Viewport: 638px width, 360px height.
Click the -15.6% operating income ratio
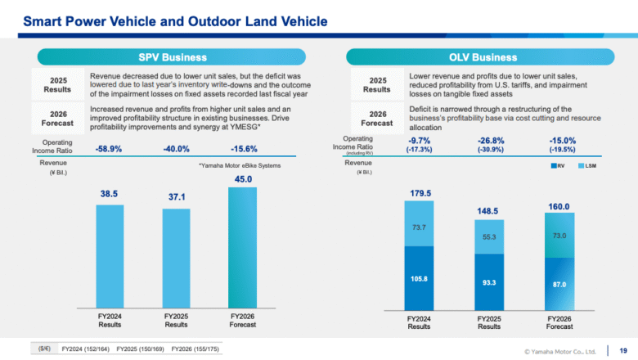click(244, 148)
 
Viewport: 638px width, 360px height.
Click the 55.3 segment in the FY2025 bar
click(489, 236)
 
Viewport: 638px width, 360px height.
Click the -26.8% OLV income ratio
click(489, 140)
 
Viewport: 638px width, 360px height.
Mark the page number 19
click(623, 350)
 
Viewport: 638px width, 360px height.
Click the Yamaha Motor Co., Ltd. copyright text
click(560, 351)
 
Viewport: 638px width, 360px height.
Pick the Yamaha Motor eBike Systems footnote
click(239, 165)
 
